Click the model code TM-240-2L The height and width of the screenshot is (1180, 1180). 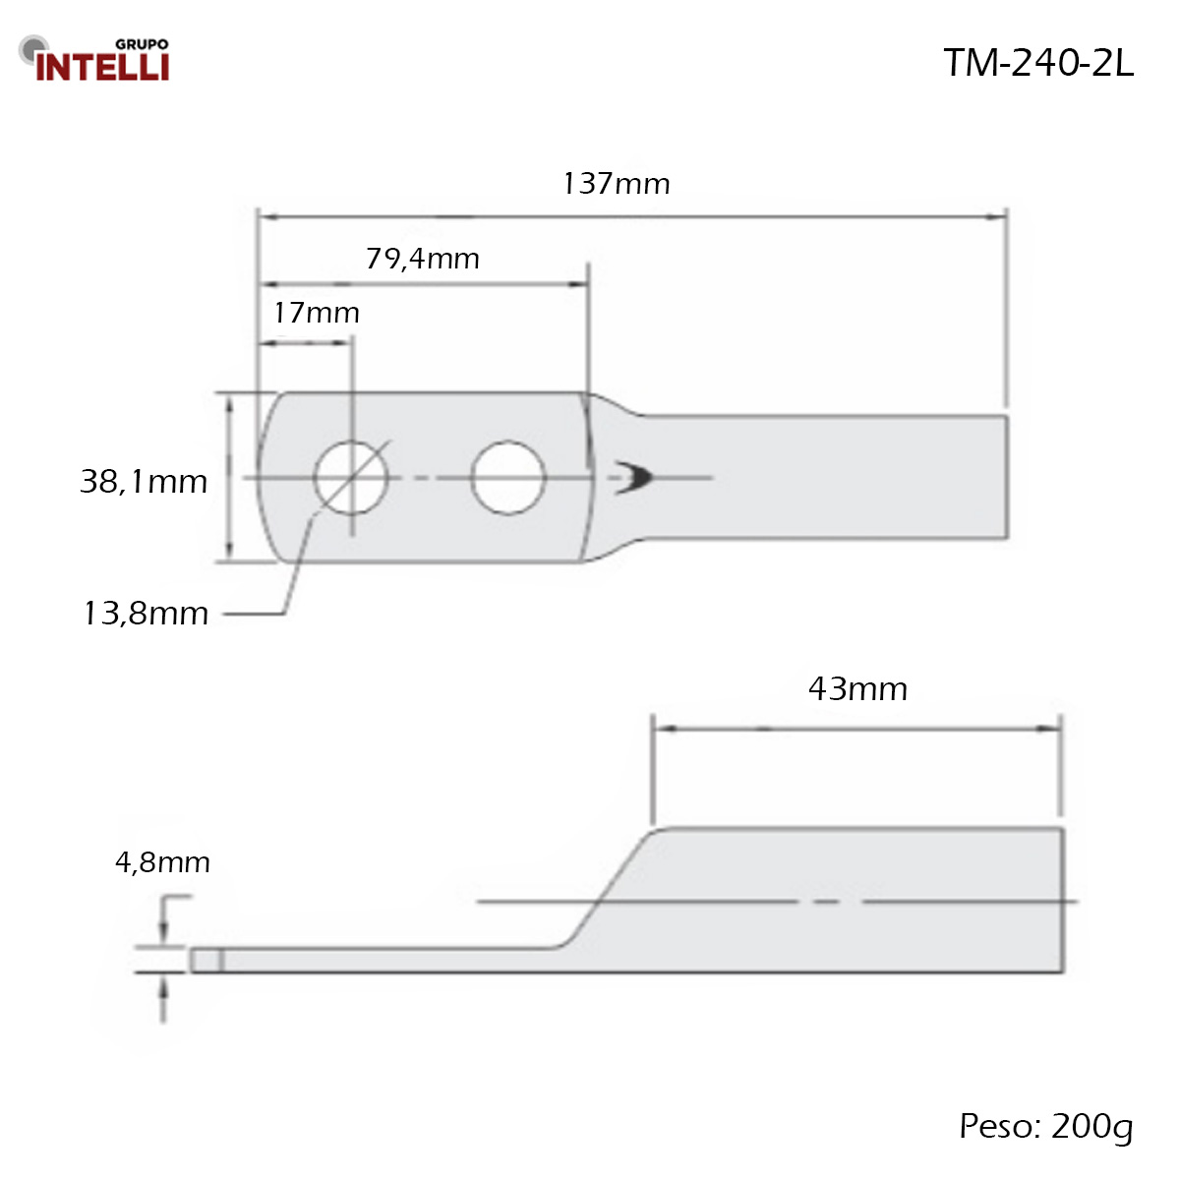(1037, 63)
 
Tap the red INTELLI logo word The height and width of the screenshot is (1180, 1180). (102, 67)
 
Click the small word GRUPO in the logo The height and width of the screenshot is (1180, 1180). (142, 44)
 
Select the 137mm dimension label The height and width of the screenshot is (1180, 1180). (616, 184)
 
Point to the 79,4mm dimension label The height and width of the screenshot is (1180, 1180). (423, 259)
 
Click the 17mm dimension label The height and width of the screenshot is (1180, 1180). (316, 313)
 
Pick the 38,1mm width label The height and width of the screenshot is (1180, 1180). (144, 481)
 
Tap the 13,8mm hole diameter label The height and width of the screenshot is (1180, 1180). (146, 613)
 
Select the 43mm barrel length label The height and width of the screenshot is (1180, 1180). (857, 689)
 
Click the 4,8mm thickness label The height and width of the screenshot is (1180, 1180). (163, 862)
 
